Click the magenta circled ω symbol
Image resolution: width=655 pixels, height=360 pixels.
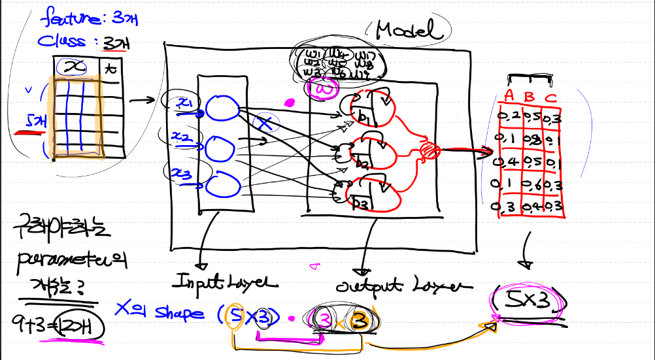click(324, 89)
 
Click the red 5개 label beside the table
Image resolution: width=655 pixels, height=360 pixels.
click(37, 122)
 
